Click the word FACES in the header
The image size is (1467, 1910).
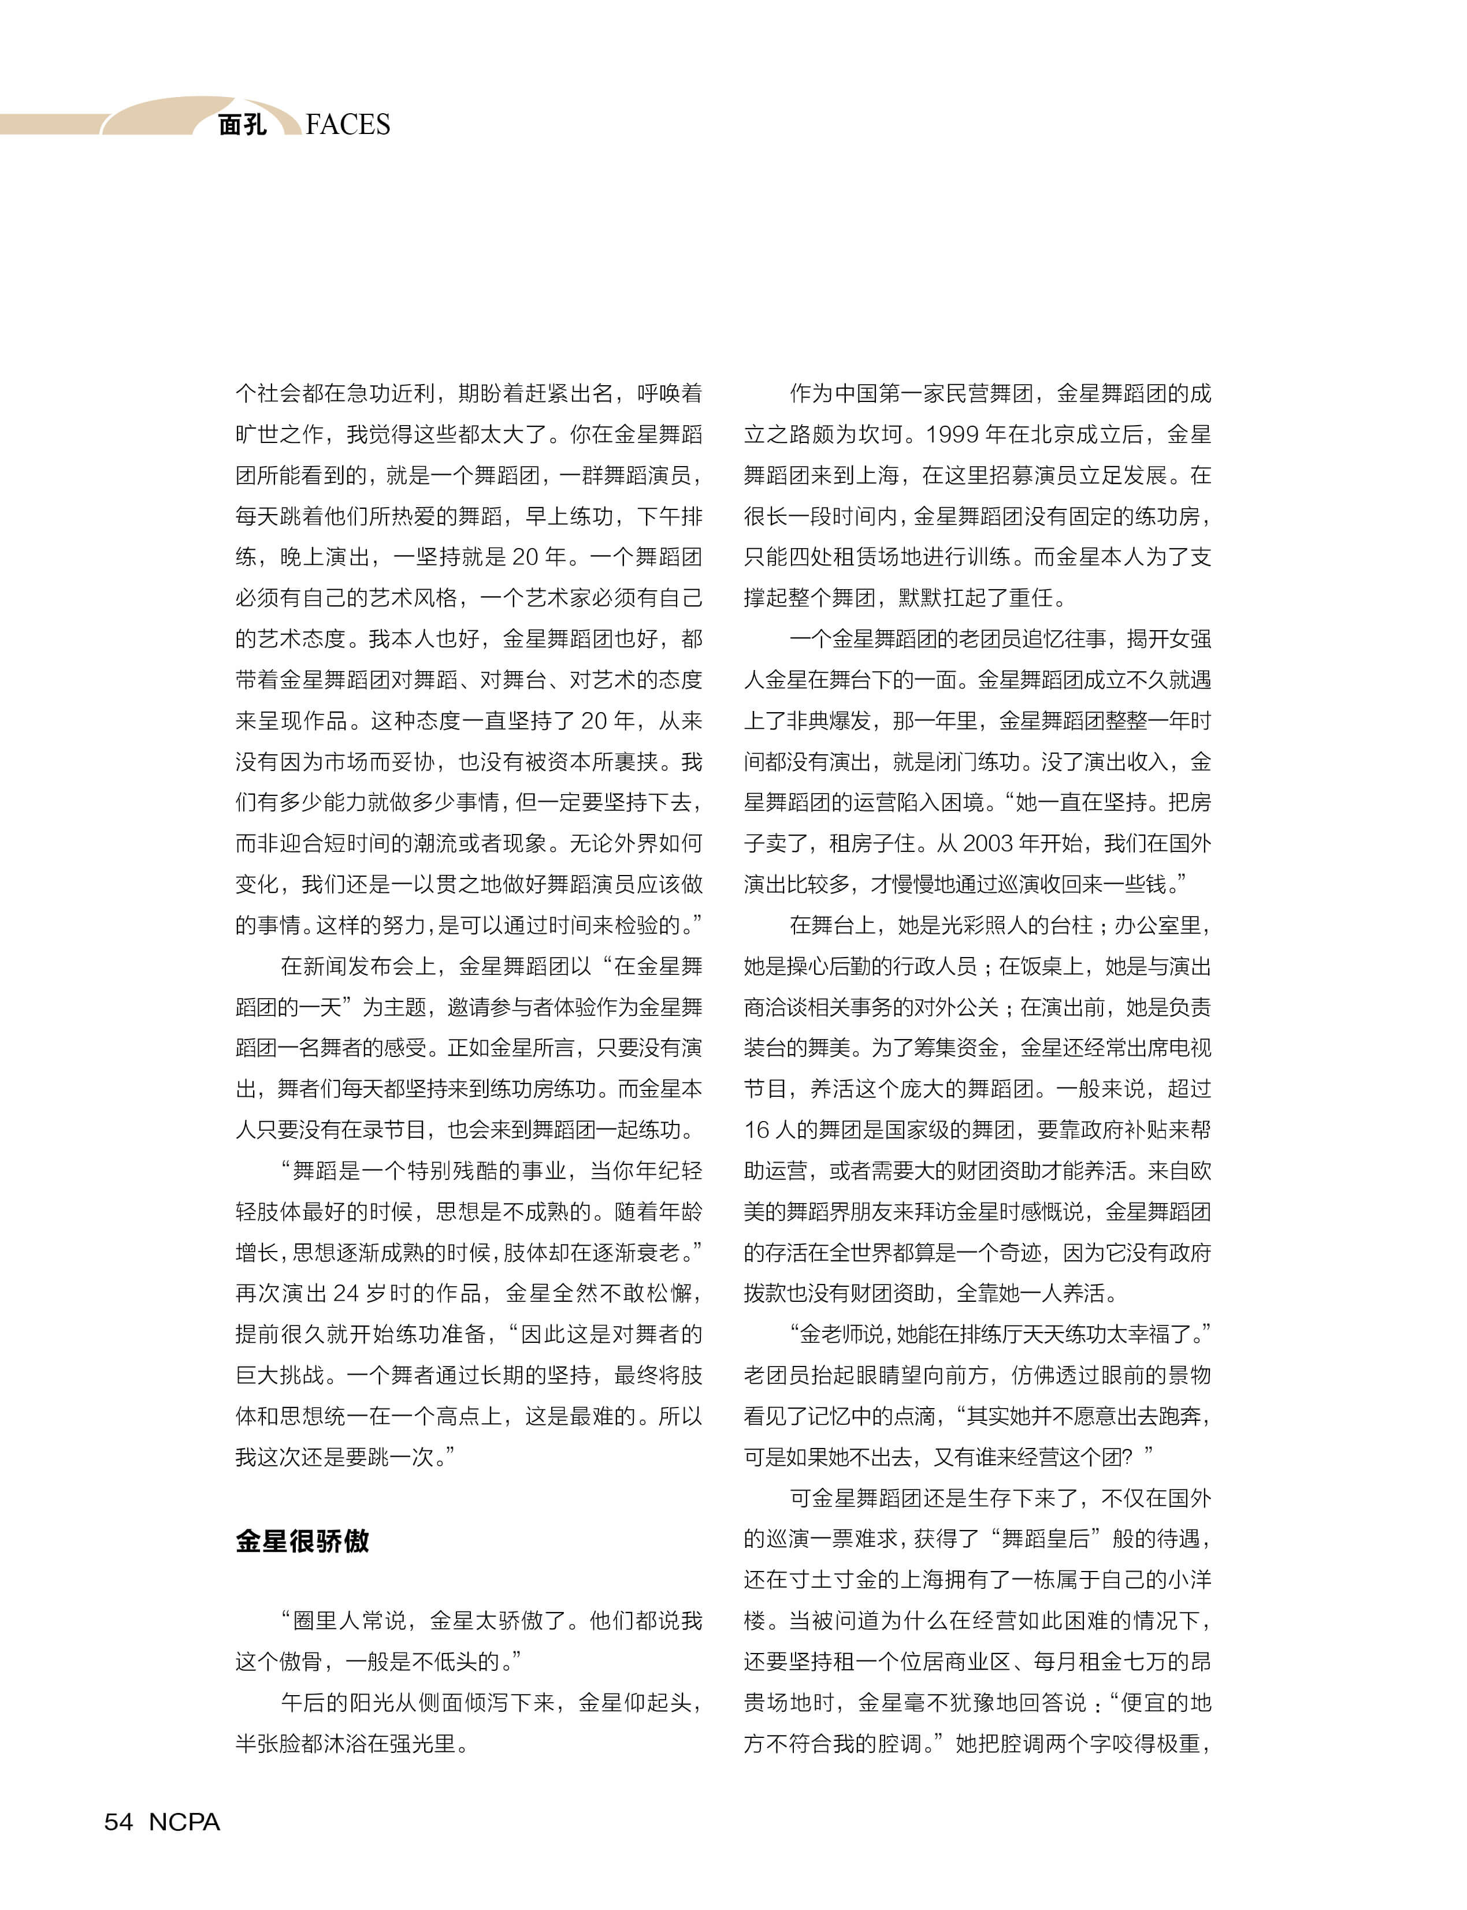[348, 125]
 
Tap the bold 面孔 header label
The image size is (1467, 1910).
[242, 125]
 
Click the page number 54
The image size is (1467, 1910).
[119, 1822]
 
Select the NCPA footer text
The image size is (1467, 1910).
[184, 1822]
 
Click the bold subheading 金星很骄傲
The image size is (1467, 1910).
[302, 1541]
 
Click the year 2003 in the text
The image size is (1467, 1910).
[987, 843]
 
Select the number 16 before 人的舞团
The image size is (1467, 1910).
[756, 1130]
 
